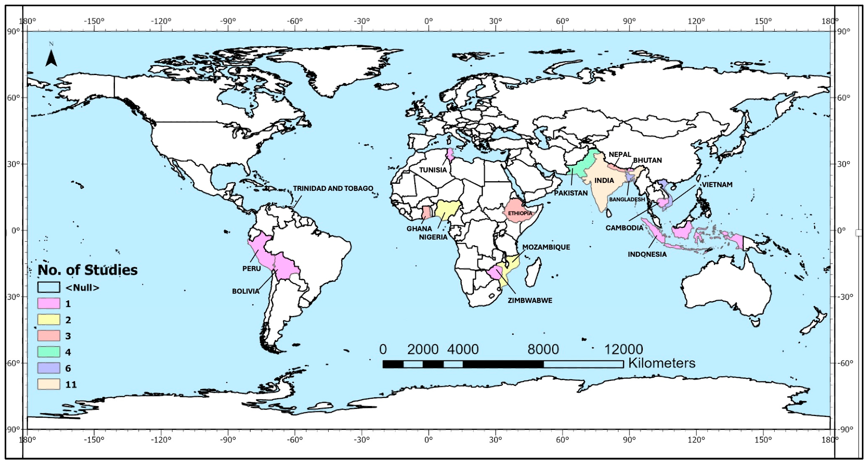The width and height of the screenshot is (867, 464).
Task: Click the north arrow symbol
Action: (x=51, y=58)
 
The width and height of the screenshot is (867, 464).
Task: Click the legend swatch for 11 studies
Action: (x=49, y=384)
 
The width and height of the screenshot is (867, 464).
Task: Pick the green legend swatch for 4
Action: (x=49, y=352)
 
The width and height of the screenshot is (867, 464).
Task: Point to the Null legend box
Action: (x=49, y=287)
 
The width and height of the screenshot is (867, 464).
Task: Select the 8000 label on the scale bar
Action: (x=543, y=350)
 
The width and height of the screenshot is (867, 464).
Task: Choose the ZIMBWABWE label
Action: (x=530, y=301)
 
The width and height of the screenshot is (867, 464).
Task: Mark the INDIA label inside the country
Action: (x=604, y=181)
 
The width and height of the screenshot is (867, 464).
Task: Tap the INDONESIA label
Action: (x=647, y=254)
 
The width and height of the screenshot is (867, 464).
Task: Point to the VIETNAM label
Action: (x=717, y=185)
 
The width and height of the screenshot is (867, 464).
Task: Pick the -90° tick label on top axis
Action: (x=228, y=21)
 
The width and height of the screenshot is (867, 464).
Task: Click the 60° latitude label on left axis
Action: (x=13, y=97)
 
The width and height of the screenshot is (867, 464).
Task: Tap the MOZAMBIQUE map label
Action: (x=546, y=247)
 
